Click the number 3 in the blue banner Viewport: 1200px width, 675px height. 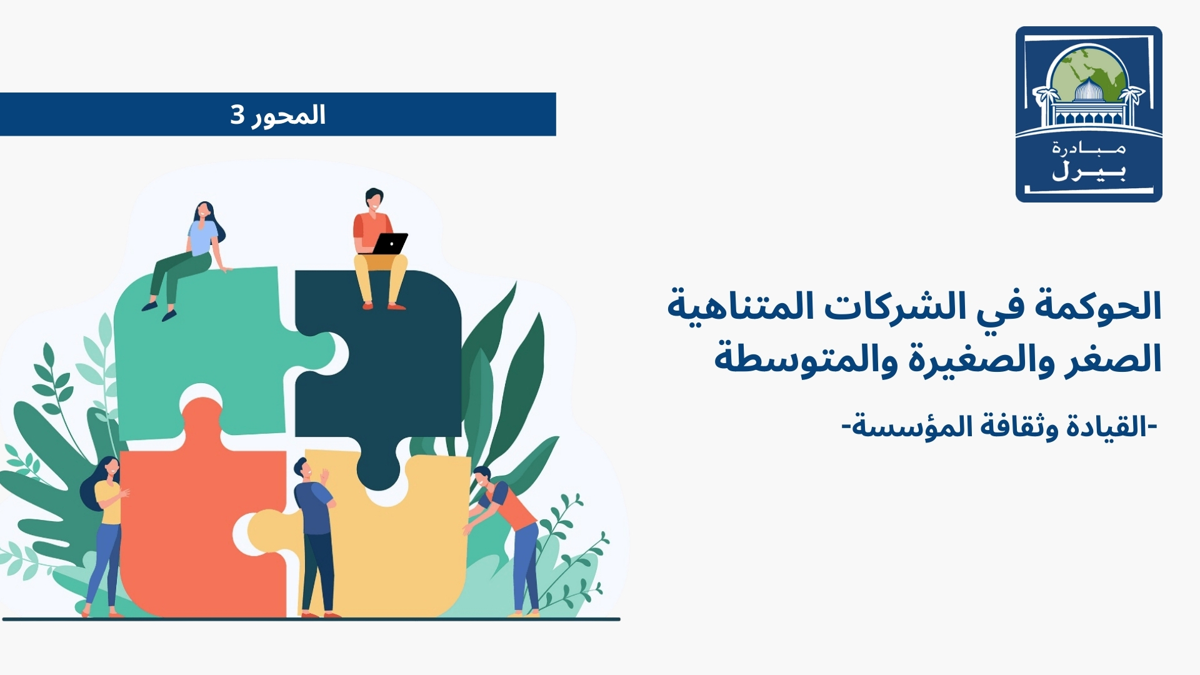coord(237,115)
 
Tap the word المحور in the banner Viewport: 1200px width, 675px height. coord(289,115)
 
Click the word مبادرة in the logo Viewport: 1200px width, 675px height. coord(1089,149)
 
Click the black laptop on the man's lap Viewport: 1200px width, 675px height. coord(391,243)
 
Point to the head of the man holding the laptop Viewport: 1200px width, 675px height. coord(373,199)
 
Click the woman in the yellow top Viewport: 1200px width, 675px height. coord(106,531)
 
